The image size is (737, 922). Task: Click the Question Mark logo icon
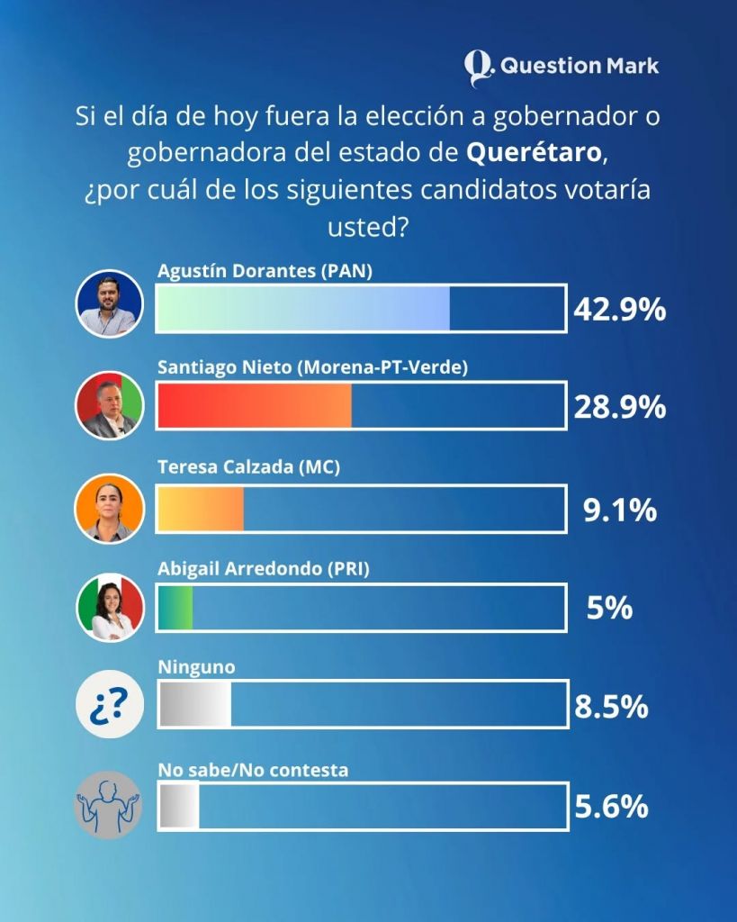click(480, 67)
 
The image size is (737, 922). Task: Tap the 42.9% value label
click(619, 309)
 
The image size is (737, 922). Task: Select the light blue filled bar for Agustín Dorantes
click(303, 309)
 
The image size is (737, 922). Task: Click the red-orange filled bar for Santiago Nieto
click(255, 407)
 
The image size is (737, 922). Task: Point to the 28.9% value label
click(619, 407)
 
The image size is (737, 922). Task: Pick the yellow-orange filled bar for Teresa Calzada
click(201, 510)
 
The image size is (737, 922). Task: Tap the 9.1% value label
click(619, 511)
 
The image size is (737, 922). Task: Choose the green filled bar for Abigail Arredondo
click(175, 608)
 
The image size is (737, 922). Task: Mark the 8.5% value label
click(611, 706)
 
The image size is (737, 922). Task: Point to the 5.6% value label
click(611, 806)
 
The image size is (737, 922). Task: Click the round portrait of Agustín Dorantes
click(108, 303)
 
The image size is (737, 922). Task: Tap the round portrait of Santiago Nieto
click(108, 405)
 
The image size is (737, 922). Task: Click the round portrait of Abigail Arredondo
click(108, 607)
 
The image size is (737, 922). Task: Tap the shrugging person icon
click(108, 804)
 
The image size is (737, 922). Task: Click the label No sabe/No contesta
click(253, 771)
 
